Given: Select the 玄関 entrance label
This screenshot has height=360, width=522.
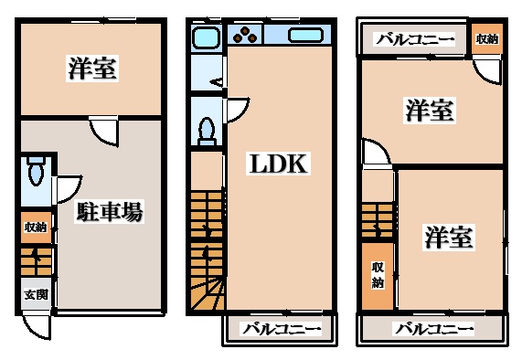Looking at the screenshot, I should click(37, 295).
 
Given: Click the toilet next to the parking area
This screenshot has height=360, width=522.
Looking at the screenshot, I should click(37, 170).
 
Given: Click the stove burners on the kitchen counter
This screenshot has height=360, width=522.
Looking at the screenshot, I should click(245, 37).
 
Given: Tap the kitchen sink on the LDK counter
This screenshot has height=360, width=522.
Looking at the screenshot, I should click(304, 37).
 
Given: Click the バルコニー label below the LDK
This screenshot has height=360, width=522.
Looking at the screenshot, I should click(281, 329).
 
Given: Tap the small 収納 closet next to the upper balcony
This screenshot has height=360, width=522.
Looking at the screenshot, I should click(486, 39).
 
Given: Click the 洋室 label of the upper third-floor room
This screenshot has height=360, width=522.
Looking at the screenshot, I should click(430, 111).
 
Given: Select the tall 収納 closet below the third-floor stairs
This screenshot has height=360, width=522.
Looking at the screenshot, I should click(378, 274).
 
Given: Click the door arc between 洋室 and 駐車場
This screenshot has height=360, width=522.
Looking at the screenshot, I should click(103, 130).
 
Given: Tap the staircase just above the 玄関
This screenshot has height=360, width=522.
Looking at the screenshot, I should click(37, 262).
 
